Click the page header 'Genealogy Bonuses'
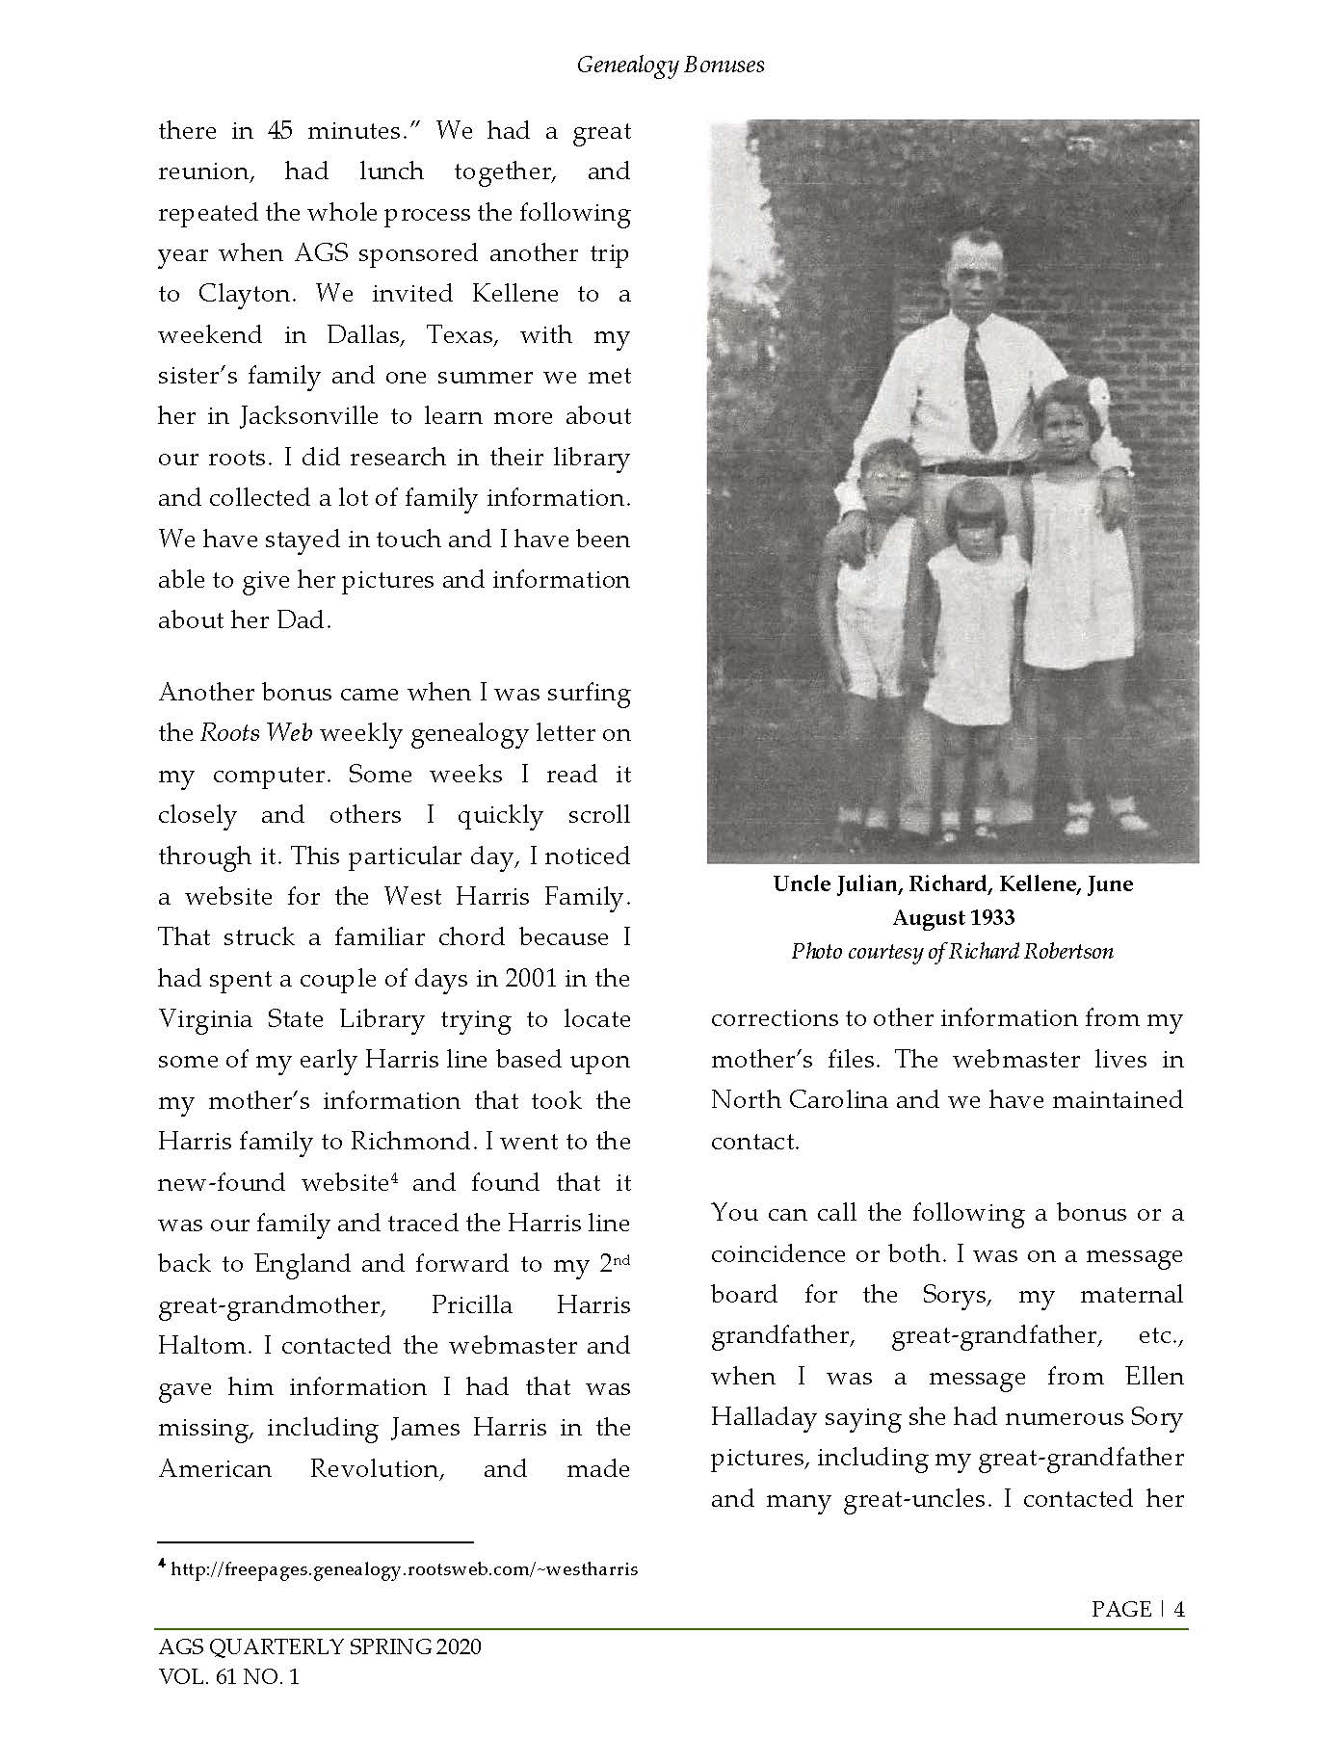tap(671, 65)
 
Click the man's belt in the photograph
tap(973, 468)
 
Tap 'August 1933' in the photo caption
tap(953, 917)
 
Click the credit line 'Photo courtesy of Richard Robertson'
tap(952, 952)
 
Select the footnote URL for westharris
tap(404, 1569)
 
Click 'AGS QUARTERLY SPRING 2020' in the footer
tap(319, 1646)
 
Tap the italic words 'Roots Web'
tap(256, 733)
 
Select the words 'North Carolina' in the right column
tap(799, 1100)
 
